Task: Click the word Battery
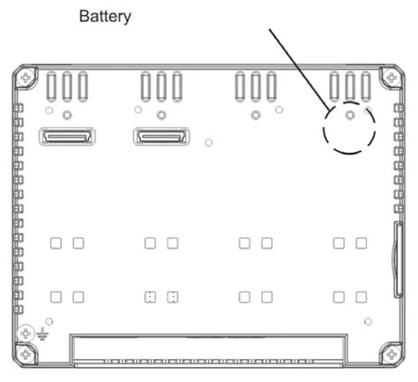pos(105,17)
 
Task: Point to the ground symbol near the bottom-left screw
pos(42,333)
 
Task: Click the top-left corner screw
pos(26,78)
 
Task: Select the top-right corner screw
pos(392,78)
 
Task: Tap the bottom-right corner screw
pos(392,354)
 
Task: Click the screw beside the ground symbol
pos(26,333)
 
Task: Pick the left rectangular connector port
pos(67,137)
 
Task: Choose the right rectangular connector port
pos(161,137)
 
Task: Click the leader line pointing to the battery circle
pos(301,69)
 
